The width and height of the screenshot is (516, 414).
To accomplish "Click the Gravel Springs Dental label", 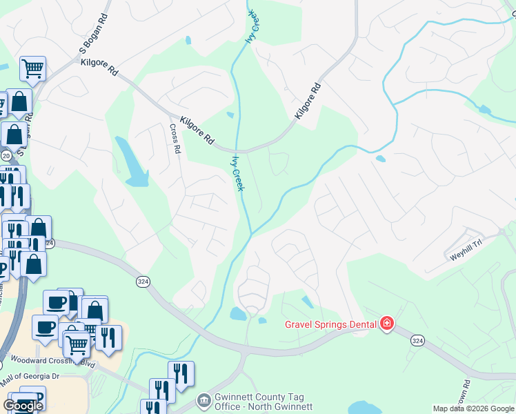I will [x=330, y=324].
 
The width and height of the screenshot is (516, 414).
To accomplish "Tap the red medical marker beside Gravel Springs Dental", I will [x=387, y=324].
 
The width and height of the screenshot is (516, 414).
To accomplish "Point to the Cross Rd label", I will [x=176, y=138].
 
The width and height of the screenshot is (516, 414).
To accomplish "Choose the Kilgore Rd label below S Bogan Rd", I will [x=99, y=66].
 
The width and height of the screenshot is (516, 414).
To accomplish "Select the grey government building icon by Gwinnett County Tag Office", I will [x=204, y=400].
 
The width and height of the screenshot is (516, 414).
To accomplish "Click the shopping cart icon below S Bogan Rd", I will [x=32, y=68].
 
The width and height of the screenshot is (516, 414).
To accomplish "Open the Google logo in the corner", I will [x=22, y=406].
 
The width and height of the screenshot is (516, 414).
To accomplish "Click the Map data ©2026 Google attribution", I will [x=473, y=408].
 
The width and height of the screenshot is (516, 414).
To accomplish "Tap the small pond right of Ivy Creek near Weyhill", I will [x=381, y=159].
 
